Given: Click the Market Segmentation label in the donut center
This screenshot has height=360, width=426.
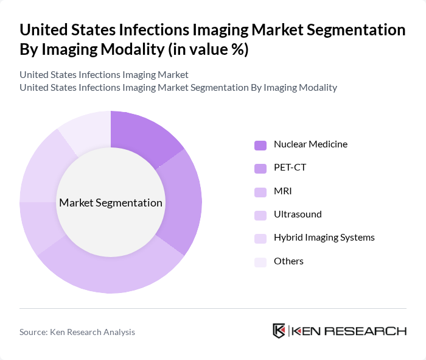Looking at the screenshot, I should coord(111,202).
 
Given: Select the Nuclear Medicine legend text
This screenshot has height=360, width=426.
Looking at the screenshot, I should coord(310,144).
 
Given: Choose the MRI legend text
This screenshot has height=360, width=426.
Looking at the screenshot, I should coord(283,191).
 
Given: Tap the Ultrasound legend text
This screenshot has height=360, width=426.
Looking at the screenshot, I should coord(298,214).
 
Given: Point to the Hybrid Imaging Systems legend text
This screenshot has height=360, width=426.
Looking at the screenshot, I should coord(324,238).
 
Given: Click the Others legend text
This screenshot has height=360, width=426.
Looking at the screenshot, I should coord(288,261).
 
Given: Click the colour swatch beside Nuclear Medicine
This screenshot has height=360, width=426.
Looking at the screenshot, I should coord(260,145).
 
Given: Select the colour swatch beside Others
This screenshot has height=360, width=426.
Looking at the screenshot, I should coord(260,261).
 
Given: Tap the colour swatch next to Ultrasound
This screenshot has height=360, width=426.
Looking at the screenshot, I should coord(260,215).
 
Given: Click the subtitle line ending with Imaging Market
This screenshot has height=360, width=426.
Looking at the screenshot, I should coord(104,74).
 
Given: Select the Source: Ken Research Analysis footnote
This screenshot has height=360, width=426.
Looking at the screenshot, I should coord(77,332).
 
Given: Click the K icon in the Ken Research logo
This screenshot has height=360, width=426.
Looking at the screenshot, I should coord(279,331).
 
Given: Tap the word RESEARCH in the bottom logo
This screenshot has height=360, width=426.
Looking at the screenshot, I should coord(371,331).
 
